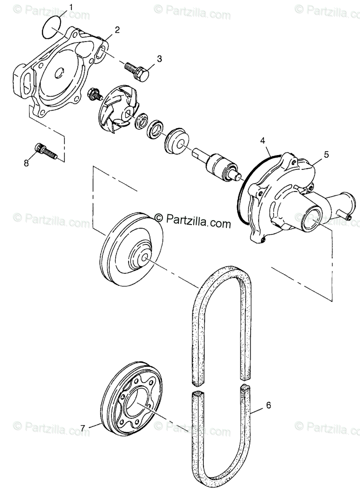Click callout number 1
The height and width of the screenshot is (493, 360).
[71, 7]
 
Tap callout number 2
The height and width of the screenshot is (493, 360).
[117, 29]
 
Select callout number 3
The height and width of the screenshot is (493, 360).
[159, 59]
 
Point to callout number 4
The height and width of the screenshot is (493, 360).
[263, 140]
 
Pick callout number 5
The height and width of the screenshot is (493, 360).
[326, 154]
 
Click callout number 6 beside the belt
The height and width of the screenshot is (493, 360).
[268, 405]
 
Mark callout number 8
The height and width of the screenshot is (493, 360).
[26, 163]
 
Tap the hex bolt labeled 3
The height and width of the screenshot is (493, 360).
[137, 71]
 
